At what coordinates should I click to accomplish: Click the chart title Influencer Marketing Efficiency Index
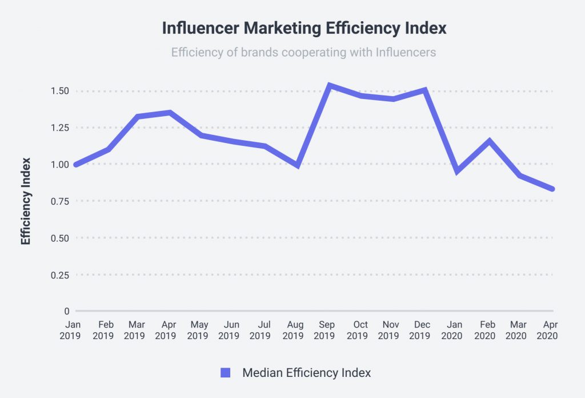point(303,28)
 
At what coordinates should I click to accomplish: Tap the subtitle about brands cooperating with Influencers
point(303,52)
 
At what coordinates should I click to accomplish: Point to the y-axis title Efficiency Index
point(26,201)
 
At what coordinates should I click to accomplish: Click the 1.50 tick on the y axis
point(59,91)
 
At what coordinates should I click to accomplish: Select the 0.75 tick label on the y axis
point(59,201)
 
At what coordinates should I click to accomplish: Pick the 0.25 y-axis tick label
point(59,274)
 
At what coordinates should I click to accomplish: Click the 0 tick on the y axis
point(66,311)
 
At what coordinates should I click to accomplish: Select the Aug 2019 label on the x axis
point(293,330)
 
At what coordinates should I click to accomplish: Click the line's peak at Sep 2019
point(330,86)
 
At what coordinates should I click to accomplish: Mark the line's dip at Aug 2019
point(298,165)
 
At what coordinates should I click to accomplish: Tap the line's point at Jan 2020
point(457,171)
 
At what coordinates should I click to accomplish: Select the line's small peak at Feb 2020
point(489,140)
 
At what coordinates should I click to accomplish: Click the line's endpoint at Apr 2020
point(552,189)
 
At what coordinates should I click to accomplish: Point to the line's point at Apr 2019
point(170,113)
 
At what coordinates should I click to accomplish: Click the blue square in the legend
point(225,373)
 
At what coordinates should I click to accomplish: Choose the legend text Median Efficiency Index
point(306,373)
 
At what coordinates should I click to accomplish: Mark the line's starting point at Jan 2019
point(75,165)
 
